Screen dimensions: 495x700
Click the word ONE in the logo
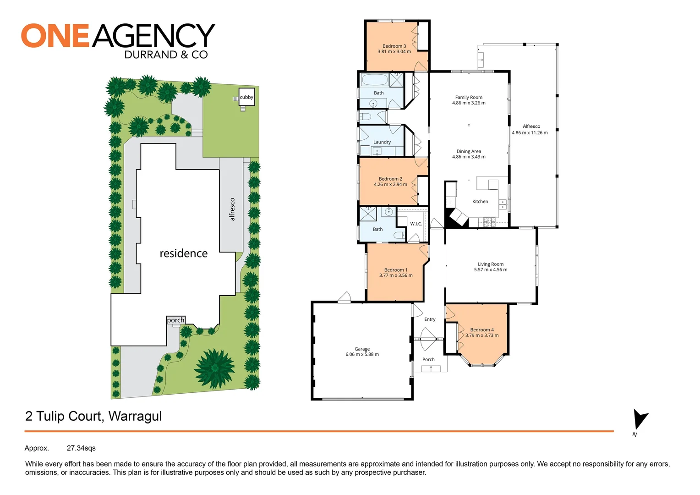(55, 36)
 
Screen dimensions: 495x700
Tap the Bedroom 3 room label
(394, 46)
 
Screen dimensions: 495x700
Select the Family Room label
(469, 97)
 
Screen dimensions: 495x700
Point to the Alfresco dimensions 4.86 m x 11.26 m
(530, 133)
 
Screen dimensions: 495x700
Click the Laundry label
(382, 142)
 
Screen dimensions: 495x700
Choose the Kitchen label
(480, 202)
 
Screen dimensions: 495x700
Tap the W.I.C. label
(416, 224)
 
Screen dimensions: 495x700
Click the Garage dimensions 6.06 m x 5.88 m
(362, 354)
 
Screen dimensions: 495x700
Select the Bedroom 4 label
(482, 330)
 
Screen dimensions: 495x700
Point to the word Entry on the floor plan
(430, 319)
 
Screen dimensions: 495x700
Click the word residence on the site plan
(183, 253)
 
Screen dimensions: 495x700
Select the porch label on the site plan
(175, 320)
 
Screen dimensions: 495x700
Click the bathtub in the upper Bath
(375, 80)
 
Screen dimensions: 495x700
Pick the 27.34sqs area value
(81, 448)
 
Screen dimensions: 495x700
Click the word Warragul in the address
(135, 416)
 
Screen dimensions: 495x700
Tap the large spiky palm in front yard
(214, 368)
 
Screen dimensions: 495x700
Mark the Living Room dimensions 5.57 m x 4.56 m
(490, 270)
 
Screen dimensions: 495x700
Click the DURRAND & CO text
(166, 55)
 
